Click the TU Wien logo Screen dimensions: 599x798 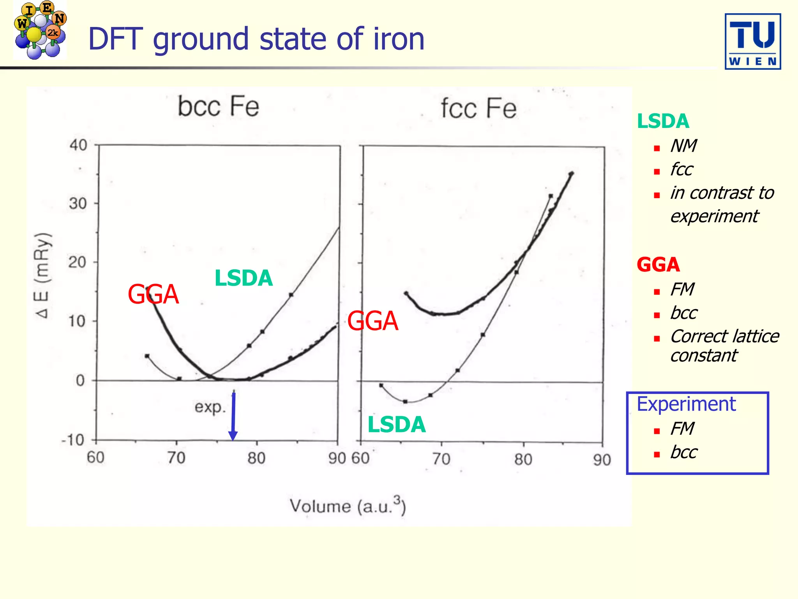752,42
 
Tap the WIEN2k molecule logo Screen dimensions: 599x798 40,30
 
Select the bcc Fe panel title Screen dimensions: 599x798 218,106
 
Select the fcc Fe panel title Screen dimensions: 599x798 478,108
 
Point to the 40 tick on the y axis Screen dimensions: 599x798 78,145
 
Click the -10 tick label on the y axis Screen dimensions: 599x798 73,440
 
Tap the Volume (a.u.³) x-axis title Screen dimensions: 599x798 348,506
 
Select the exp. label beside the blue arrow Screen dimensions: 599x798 210,407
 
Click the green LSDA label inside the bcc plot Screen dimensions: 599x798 244,278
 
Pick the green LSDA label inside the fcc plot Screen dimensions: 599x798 396,424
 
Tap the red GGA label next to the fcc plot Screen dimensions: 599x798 373,321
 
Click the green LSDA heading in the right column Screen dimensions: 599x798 663,121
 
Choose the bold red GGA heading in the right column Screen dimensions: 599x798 658,265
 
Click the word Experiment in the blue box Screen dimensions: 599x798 686,404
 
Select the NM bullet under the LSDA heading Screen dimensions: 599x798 683,146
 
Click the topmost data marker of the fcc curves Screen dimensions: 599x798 571,174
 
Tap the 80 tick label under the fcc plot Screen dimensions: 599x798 523,459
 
